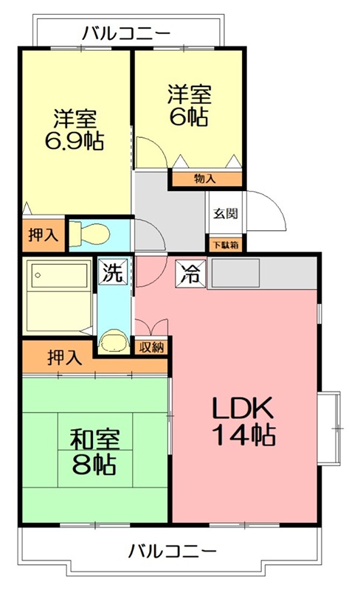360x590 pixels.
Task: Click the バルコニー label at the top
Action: click(126, 33)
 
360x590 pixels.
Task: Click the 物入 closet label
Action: click(205, 178)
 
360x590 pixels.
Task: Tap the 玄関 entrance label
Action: click(226, 215)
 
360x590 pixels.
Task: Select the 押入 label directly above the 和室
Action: click(65, 358)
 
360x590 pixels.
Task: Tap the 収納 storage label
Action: click(153, 346)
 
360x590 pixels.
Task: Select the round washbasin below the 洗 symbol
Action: click(113, 340)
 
